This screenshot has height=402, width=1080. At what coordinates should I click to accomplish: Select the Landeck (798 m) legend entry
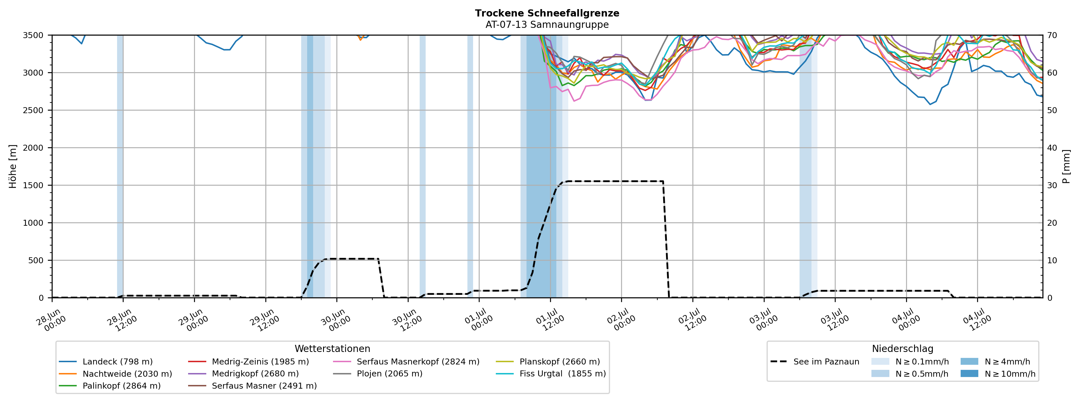(x=106, y=362)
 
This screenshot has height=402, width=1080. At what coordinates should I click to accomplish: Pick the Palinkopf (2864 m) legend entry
(x=110, y=386)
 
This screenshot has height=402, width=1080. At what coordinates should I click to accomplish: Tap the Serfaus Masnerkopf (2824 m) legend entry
(x=406, y=362)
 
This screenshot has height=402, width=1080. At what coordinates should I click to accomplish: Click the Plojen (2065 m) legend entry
(x=377, y=374)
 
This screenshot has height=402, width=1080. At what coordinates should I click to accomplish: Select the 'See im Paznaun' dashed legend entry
(x=815, y=362)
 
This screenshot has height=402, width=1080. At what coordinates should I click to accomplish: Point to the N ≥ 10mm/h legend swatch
(x=969, y=374)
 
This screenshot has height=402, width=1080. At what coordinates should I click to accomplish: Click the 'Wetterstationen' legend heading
(x=332, y=349)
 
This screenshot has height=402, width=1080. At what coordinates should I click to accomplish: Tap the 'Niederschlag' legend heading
(x=903, y=349)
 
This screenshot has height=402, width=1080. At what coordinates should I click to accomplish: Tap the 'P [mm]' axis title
(x=1067, y=167)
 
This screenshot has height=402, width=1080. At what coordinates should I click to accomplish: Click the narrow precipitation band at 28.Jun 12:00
(x=120, y=166)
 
